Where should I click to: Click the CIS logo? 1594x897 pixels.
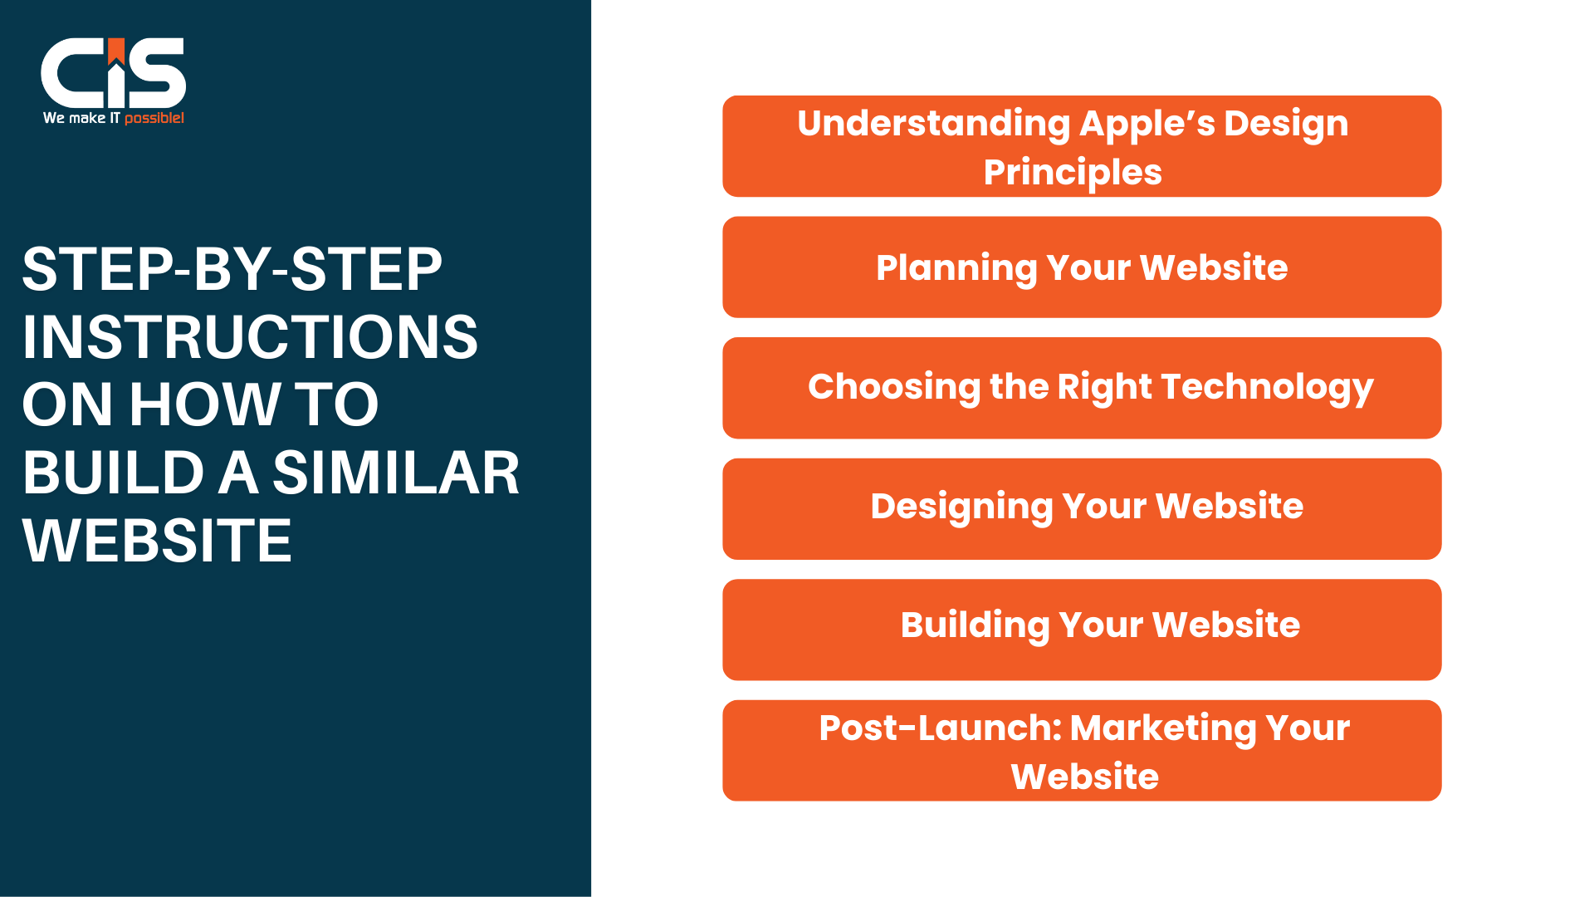(x=113, y=72)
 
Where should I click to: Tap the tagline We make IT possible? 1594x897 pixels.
(x=113, y=118)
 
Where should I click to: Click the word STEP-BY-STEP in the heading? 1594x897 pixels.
(x=232, y=269)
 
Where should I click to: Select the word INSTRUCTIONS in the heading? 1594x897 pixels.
(x=250, y=337)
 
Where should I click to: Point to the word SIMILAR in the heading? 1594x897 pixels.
(x=395, y=473)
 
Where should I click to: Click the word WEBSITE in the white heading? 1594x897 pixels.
(x=157, y=542)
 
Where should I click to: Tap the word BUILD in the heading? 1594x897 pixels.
(x=113, y=473)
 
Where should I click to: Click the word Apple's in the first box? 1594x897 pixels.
(x=1147, y=124)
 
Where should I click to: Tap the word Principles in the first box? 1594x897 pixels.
(x=1073, y=173)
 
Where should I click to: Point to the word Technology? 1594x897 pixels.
(x=1267, y=388)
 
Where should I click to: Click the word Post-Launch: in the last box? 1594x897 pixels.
(x=940, y=728)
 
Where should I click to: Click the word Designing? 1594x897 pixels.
(x=961, y=507)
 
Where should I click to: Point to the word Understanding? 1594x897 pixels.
(x=933, y=124)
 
